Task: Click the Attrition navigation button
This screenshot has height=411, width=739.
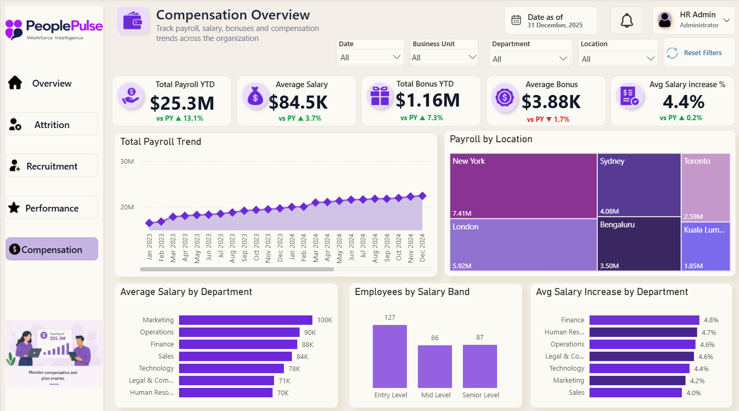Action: pyautogui.click(x=52, y=124)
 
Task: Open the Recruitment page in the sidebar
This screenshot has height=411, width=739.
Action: pyautogui.click(x=52, y=165)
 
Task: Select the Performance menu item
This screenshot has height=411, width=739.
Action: pyautogui.click(x=52, y=208)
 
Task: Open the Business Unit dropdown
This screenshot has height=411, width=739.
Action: pyautogui.click(x=444, y=58)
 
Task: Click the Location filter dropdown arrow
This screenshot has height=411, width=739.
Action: pyautogui.click(x=651, y=59)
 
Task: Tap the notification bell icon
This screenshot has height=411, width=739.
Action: pyautogui.click(x=627, y=21)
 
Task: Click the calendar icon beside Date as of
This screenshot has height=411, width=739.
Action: pyautogui.click(x=516, y=20)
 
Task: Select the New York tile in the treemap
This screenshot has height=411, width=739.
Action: pyautogui.click(x=523, y=186)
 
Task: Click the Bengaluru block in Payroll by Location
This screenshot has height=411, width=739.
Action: pyautogui.click(x=639, y=244)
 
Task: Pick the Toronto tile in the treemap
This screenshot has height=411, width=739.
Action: pyautogui.click(x=706, y=187)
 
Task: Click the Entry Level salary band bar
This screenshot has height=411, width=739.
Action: pyautogui.click(x=389, y=356)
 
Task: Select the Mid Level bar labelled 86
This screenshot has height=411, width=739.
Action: pyautogui.click(x=435, y=366)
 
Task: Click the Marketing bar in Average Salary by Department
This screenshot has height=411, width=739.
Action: pyautogui.click(x=246, y=320)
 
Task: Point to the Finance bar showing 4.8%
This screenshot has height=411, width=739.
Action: pyautogui.click(x=645, y=320)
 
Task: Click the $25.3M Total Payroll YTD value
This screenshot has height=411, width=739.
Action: pyautogui.click(x=182, y=103)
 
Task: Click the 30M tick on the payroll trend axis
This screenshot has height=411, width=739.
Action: pyautogui.click(x=127, y=161)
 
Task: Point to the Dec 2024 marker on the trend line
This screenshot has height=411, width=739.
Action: pyautogui.click(x=423, y=196)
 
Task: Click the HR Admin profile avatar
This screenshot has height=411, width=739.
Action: pyautogui.click(x=665, y=20)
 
